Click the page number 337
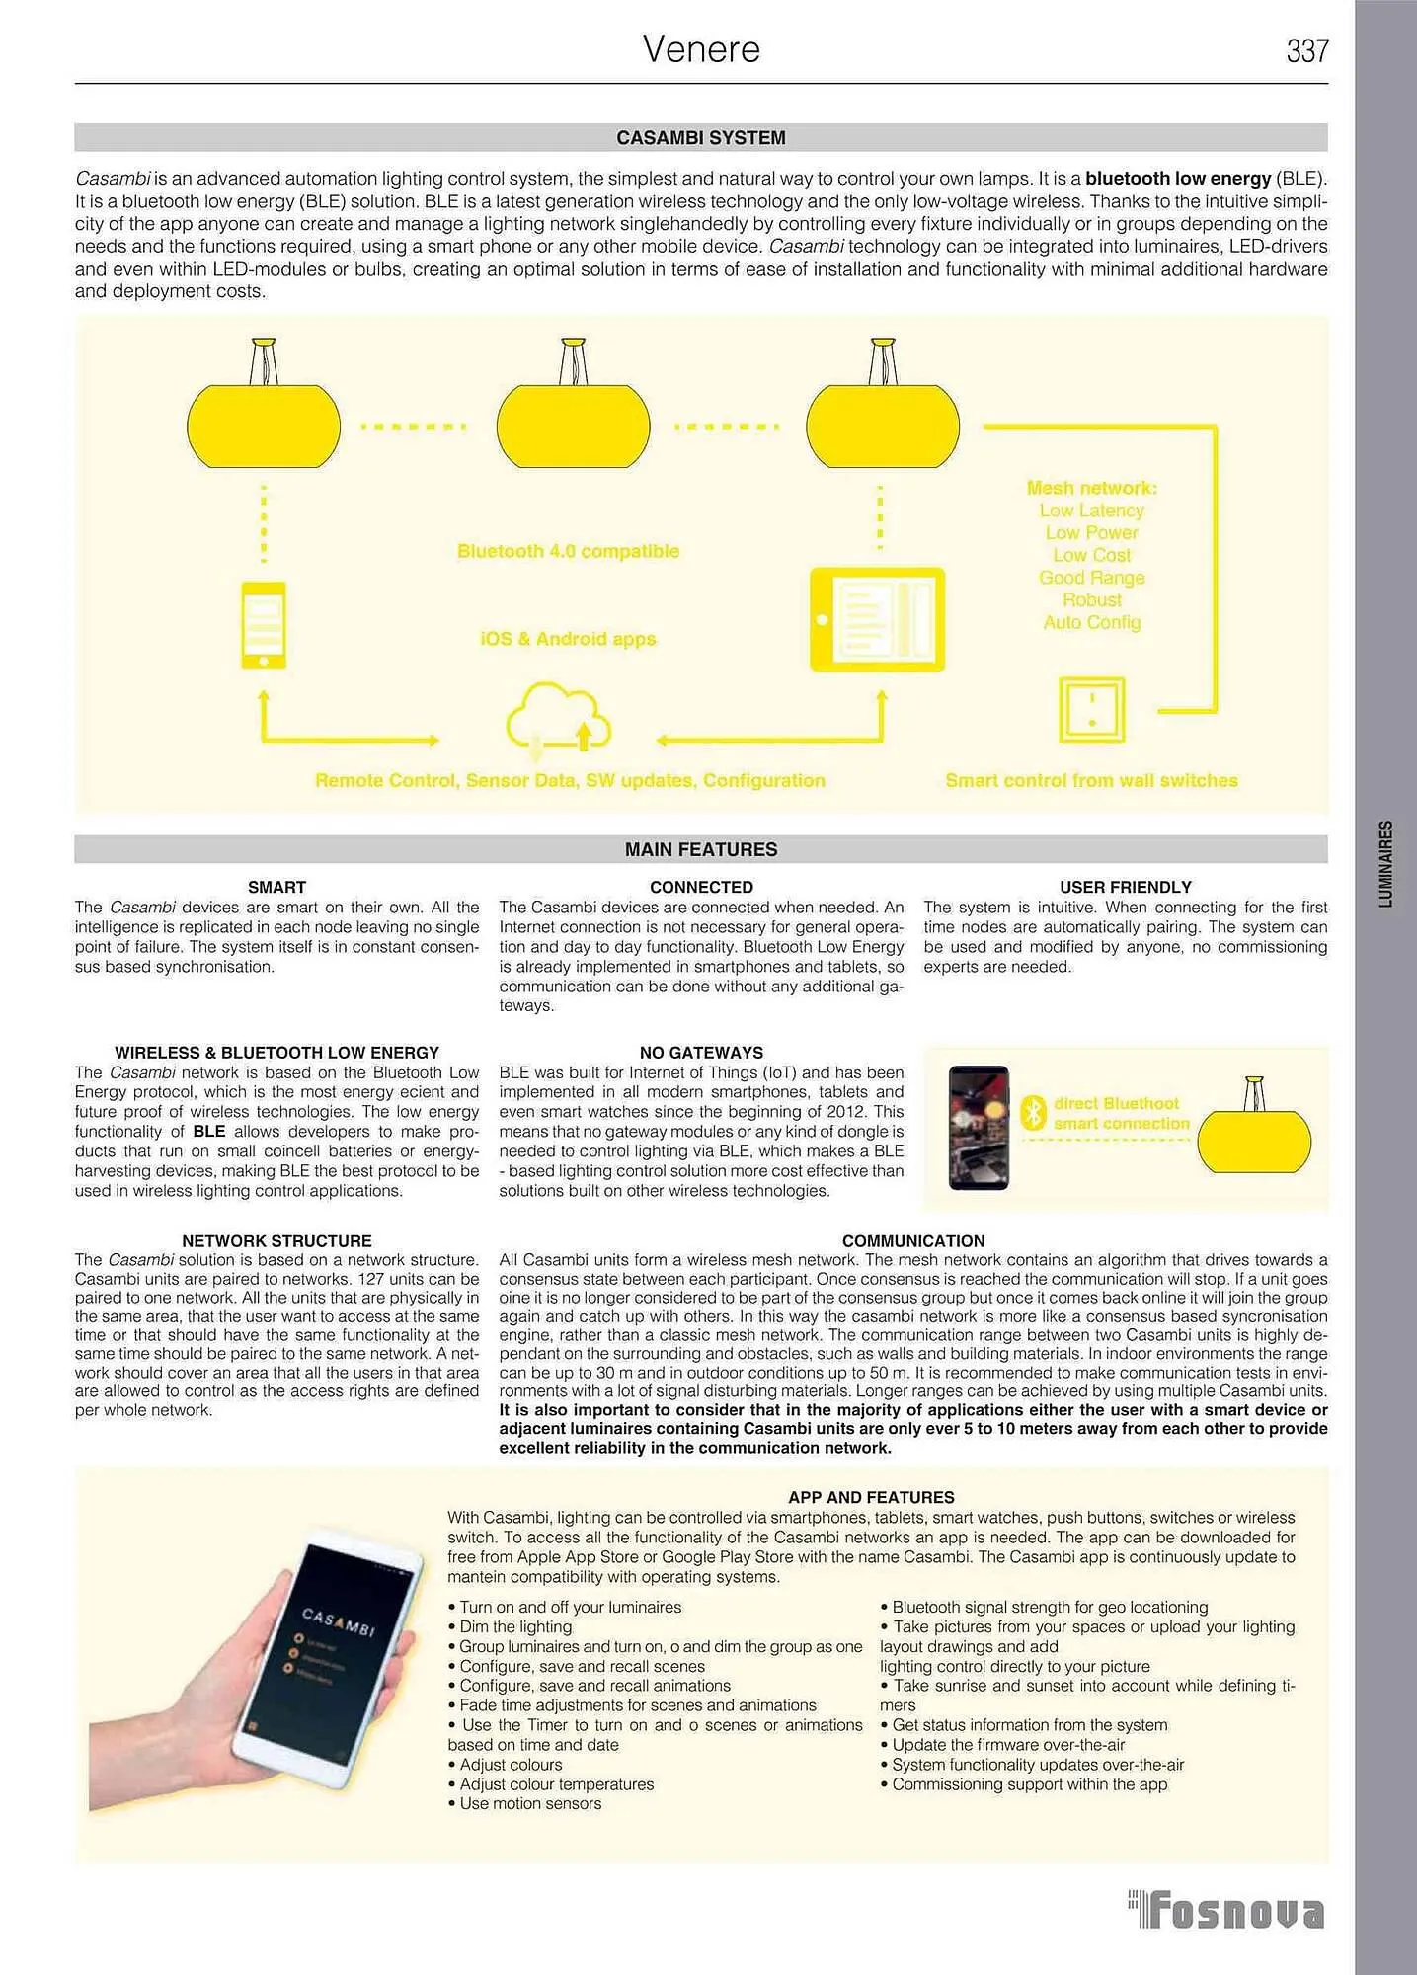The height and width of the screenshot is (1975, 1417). pos(1307,50)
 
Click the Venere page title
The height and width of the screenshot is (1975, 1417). pos(701,49)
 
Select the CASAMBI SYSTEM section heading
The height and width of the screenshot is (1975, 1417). pos(701,138)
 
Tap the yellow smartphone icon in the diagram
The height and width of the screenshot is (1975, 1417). pos(264,625)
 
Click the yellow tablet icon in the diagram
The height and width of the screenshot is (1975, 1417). pos(877,619)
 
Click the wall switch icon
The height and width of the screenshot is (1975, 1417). pos(1091,709)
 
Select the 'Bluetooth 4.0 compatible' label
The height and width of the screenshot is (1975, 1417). pos(568,551)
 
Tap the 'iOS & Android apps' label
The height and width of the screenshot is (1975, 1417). pos(568,639)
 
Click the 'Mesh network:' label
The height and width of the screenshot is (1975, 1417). pos(1091,488)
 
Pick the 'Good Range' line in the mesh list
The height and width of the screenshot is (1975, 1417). pos(1091,578)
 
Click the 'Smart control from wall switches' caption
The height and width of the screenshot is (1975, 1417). pos(1091,780)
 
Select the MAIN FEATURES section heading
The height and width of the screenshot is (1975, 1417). pos(701,849)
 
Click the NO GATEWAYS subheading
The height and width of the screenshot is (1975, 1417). pos(701,1053)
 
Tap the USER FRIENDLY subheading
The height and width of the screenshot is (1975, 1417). pos(1125,887)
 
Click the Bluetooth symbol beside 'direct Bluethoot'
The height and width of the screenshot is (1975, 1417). pos(1033,1113)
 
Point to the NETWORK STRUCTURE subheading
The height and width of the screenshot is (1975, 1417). pos(276,1240)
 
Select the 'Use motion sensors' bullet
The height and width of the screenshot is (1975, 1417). pos(530,1803)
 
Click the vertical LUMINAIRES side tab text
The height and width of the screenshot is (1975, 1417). pos(1386,863)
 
